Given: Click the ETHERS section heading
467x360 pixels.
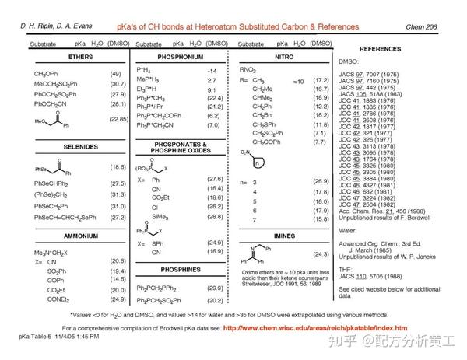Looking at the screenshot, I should point(80,58).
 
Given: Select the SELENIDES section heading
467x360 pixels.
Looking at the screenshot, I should point(80,146).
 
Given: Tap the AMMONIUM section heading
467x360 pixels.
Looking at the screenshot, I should point(80,235).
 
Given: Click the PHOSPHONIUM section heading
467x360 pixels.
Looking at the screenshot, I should point(181,58).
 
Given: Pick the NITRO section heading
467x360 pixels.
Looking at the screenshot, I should point(283,58).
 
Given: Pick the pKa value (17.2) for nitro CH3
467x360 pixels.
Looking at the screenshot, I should point(321,81).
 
